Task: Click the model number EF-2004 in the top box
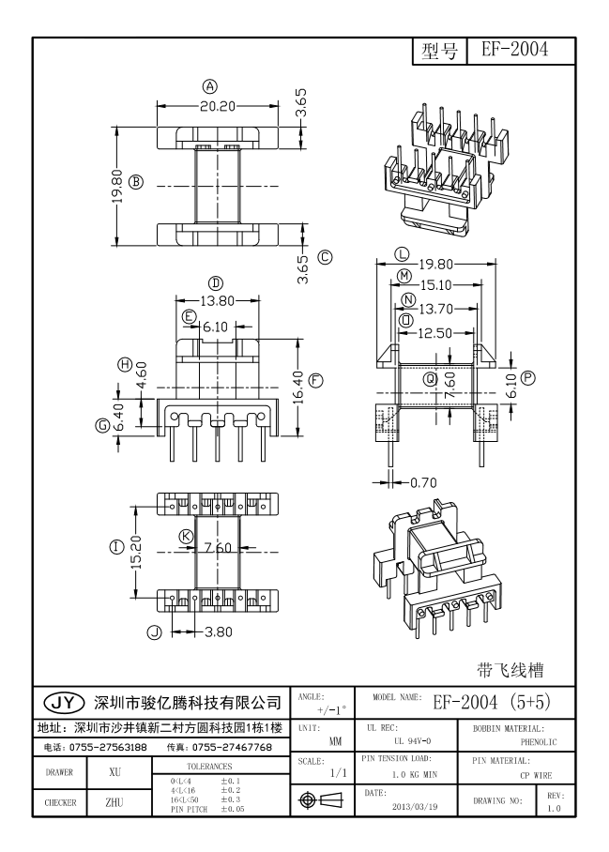(x=514, y=50)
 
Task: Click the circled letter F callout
(x=316, y=380)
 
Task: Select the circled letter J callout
(x=156, y=631)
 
